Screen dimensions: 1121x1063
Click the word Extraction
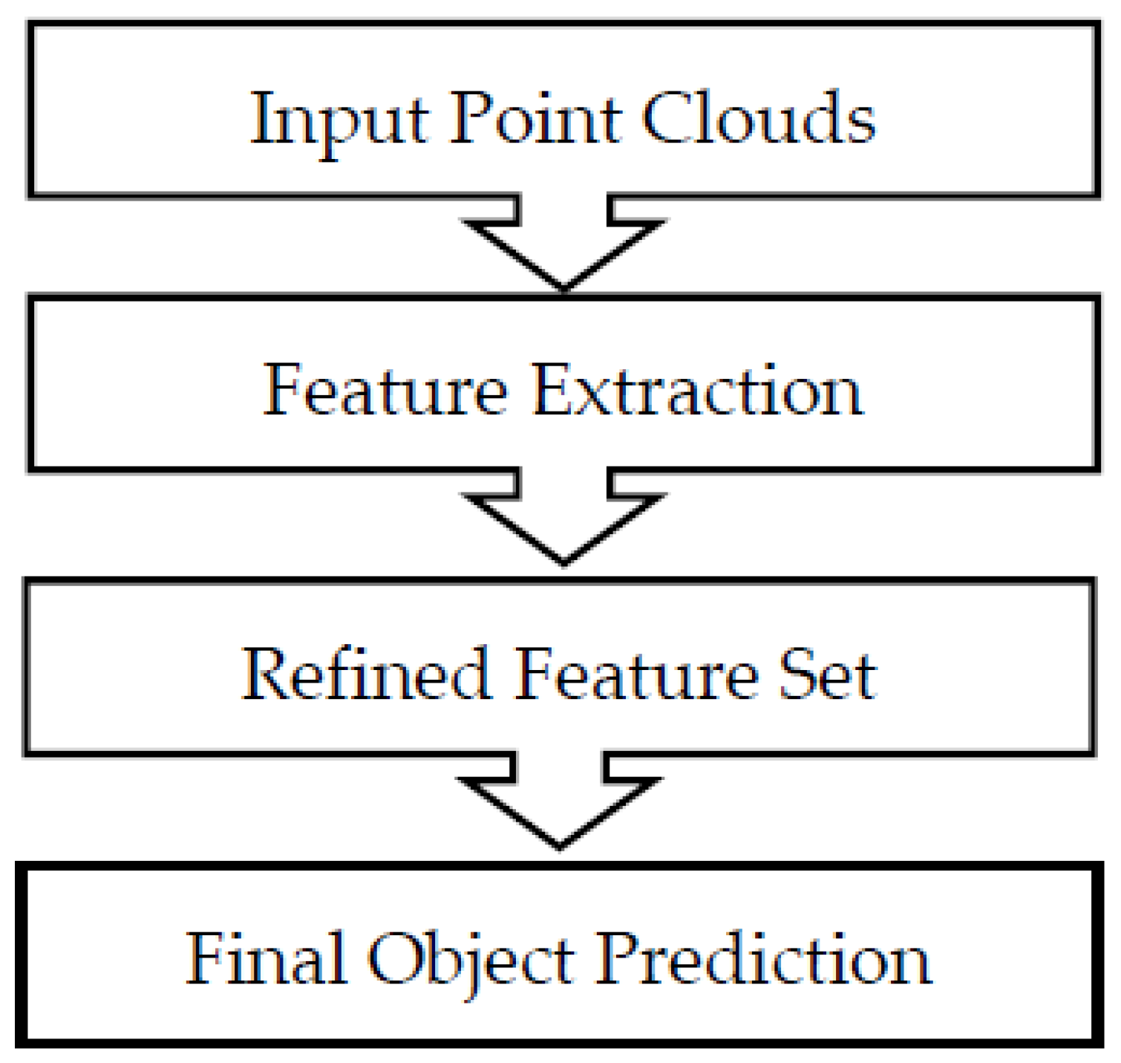pyautogui.click(x=697, y=391)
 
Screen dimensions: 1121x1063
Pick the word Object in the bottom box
pyautogui.click(x=471, y=960)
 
